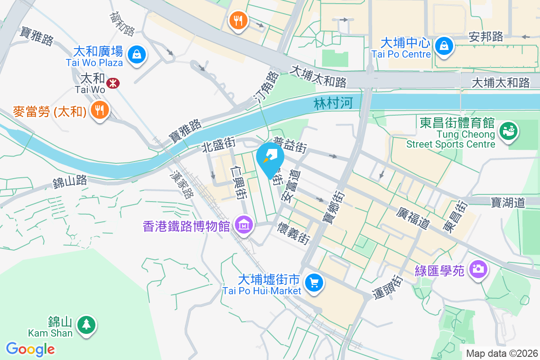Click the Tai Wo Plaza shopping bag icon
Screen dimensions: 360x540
pos(135,55)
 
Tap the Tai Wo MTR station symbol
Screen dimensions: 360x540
pos(112,83)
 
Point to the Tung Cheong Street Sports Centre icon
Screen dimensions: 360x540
pos(510,131)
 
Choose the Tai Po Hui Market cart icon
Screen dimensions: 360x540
pos(313,283)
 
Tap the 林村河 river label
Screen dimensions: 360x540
pos(333,104)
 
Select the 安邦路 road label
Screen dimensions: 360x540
pos(486,36)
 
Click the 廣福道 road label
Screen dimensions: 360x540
pos(414,218)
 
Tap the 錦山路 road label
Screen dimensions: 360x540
pos(70,182)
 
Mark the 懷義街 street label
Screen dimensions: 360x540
pos(294,232)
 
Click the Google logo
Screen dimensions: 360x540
pos(31,349)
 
